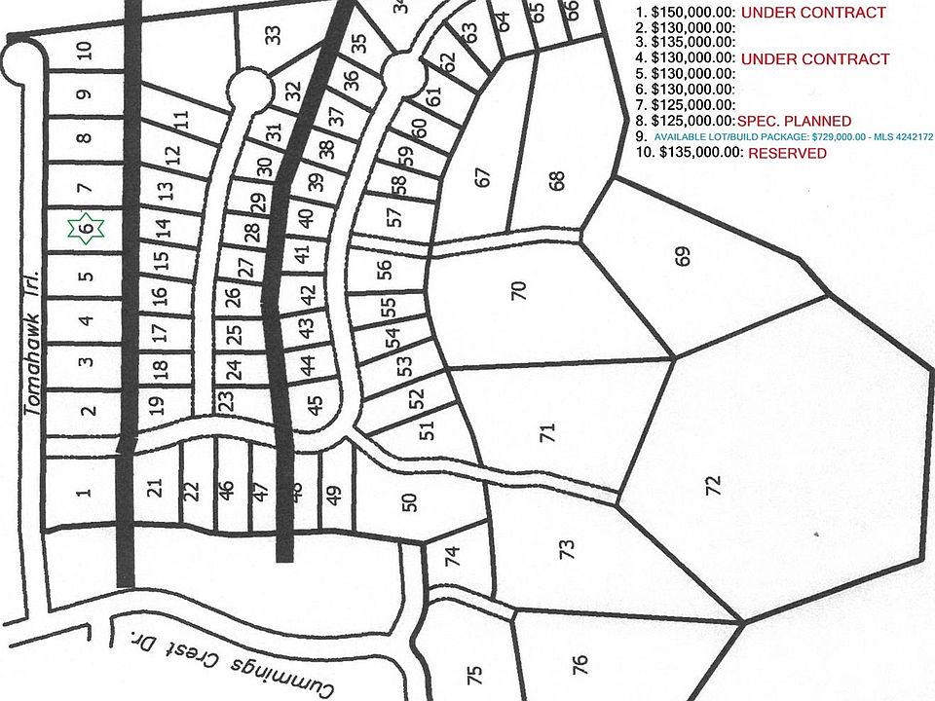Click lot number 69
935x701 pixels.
(x=683, y=257)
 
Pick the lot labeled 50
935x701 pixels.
(x=409, y=502)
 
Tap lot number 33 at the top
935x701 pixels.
(x=274, y=35)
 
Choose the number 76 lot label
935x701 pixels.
(x=580, y=664)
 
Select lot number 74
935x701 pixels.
(x=451, y=558)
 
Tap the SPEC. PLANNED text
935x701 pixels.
(x=794, y=121)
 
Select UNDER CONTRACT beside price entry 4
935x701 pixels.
(x=815, y=59)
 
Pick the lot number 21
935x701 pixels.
(x=153, y=490)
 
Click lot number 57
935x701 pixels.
(x=393, y=217)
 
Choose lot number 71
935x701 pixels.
(x=546, y=430)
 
